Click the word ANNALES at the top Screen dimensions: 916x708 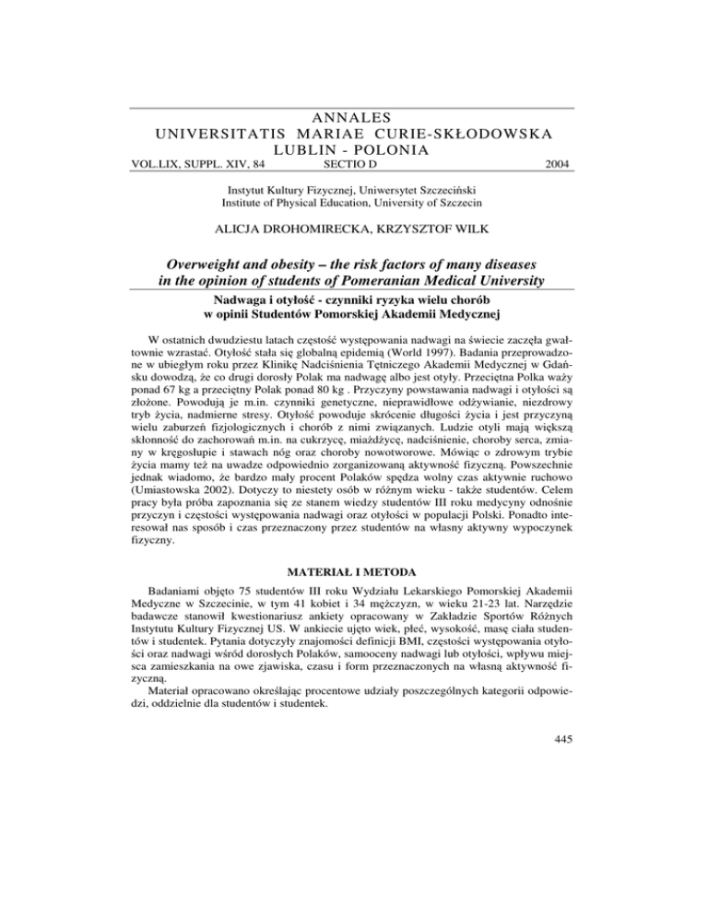[x=353, y=117]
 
